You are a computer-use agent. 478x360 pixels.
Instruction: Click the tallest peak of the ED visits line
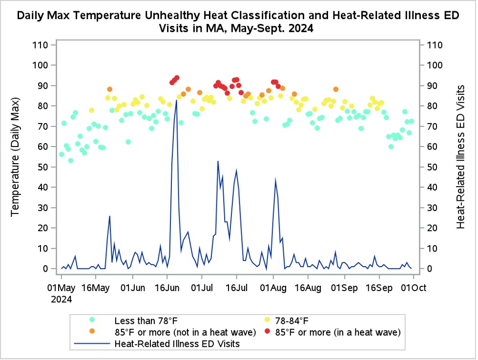[x=177, y=100]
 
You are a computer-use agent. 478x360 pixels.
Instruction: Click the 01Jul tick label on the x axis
[x=202, y=288]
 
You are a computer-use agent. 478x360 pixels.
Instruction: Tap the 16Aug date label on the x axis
[x=308, y=288]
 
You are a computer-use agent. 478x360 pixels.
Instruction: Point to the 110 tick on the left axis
[x=40, y=45]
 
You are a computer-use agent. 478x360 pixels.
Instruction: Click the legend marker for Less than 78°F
[x=92, y=320]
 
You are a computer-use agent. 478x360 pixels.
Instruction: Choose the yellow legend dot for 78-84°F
[x=268, y=320]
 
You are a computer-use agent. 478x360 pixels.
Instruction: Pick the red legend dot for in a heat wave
[x=268, y=331]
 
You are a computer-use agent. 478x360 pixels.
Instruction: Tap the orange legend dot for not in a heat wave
[x=92, y=331]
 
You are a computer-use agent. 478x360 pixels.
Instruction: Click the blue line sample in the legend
[x=92, y=343]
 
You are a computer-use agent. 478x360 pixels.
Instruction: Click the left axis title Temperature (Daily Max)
[x=15, y=157]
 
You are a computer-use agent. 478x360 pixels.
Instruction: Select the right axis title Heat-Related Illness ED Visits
[x=460, y=157]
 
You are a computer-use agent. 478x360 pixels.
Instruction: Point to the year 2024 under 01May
[x=61, y=299]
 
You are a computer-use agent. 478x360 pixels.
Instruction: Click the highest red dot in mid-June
[x=177, y=78]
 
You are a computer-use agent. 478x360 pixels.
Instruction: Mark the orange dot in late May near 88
[x=110, y=89]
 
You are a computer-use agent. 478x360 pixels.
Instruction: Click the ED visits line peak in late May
[x=110, y=216]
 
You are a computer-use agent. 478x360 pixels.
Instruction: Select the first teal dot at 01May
[x=62, y=154]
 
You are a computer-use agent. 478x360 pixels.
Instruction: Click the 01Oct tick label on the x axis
[x=414, y=288]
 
